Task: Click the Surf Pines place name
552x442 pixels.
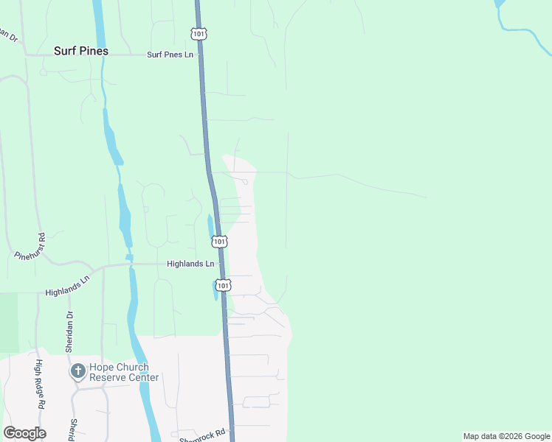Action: click(x=81, y=52)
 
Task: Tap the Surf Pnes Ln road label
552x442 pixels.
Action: click(x=169, y=55)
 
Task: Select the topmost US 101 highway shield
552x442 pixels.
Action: click(x=198, y=34)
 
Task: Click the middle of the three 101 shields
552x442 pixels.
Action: click(x=218, y=241)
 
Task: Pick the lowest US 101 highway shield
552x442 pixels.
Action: click(x=224, y=284)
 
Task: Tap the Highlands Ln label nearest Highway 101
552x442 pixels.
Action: click(x=190, y=264)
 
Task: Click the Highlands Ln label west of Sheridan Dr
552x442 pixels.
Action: click(x=67, y=286)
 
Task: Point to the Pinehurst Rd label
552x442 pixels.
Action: click(x=31, y=246)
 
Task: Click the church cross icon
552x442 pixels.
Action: click(x=78, y=371)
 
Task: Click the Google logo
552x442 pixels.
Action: click(x=24, y=432)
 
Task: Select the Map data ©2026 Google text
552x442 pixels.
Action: click(x=506, y=436)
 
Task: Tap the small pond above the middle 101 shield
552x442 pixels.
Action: click(x=210, y=225)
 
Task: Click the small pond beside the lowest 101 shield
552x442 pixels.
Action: click(x=214, y=292)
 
